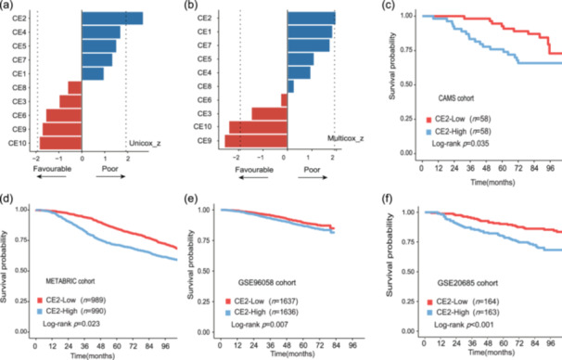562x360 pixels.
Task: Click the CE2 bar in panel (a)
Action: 112,19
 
